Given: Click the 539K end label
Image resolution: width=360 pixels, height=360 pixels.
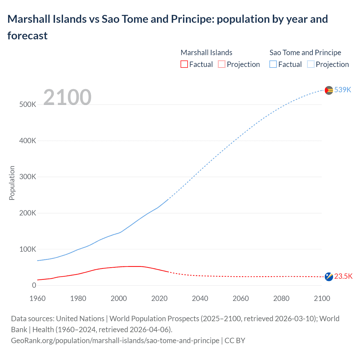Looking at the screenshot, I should pos(343,90).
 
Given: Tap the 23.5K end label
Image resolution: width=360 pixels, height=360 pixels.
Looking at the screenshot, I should pos(343,276).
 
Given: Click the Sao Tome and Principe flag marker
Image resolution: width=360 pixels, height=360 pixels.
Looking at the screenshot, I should pos(329,90).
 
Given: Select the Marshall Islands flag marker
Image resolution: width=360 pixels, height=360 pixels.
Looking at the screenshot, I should pos(329,277).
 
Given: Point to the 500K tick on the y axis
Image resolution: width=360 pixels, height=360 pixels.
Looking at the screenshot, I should pos(28,105).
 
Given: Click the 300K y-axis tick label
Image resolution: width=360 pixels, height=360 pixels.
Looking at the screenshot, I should pos(28,177).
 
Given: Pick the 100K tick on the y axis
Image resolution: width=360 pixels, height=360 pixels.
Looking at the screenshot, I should pos(28,249).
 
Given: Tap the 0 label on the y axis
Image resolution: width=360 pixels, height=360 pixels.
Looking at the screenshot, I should pos(34,285).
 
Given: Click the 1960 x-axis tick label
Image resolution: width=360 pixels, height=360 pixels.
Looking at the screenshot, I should pos(37,298).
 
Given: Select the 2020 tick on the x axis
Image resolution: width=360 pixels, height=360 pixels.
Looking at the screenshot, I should pos(159,298).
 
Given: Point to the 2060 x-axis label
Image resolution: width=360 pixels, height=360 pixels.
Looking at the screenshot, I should pos(240,298).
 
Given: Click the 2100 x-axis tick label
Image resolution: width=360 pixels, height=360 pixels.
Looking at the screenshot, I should pos(322,298).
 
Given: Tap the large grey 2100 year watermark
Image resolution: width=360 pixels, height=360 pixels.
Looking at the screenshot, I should pos(67,97).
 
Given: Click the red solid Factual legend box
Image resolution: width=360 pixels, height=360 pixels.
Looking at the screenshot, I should pos(184,64).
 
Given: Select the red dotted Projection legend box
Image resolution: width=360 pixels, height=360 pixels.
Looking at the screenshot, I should pos(222,64).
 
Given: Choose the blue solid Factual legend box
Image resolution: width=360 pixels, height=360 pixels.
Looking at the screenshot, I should pos(273,64).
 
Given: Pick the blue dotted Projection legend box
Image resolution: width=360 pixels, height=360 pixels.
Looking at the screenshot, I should pos(310,64).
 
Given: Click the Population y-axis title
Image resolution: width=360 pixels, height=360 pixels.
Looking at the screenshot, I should pos(12,183).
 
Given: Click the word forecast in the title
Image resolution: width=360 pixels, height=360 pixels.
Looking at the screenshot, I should pos(28,36).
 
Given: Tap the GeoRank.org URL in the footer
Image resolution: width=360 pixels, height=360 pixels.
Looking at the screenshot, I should pos(115,341).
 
